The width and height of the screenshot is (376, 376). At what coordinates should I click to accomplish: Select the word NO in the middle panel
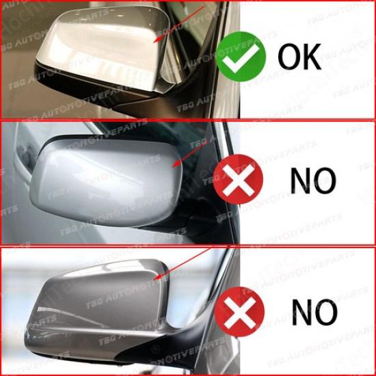coord(312,180)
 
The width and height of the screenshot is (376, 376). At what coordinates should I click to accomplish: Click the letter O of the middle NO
coord(325,180)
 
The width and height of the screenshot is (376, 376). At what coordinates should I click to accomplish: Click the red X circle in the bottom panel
coord(239,312)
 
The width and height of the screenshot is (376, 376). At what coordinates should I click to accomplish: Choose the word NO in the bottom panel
coord(314,312)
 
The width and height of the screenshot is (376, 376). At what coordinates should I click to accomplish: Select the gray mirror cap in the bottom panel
coord(96,301)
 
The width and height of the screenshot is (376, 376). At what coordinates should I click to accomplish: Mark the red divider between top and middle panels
coord(188,121)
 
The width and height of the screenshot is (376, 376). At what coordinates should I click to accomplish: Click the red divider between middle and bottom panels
coord(188,245)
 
